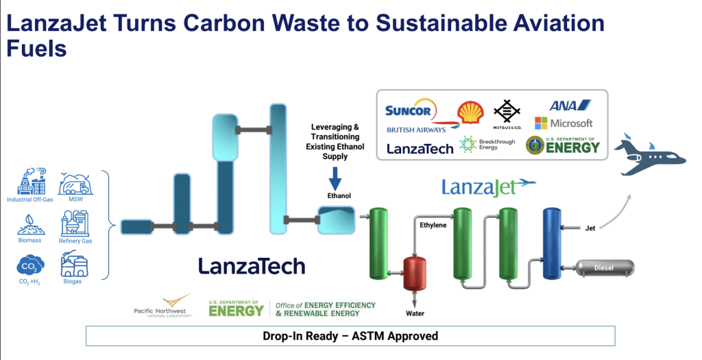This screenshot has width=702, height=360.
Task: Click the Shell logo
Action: pyautogui.click(x=470, y=112)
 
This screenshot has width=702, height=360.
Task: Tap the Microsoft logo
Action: pyautogui.click(x=564, y=123)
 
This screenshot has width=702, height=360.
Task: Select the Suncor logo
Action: pyautogui.click(x=408, y=110)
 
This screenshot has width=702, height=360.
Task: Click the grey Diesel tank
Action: pyautogui.click(x=604, y=267)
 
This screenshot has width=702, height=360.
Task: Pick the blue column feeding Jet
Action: pyautogui.click(x=552, y=243)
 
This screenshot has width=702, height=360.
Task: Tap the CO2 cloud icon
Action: pyautogui.click(x=30, y=265)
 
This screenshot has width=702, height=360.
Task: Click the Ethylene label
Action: pyautogui.click(x=433, y=224)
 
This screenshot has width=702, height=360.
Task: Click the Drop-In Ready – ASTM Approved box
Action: pyautogui.click(x=350, y=336)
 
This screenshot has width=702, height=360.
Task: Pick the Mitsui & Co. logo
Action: pyautogui.click(x=508, y=113)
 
